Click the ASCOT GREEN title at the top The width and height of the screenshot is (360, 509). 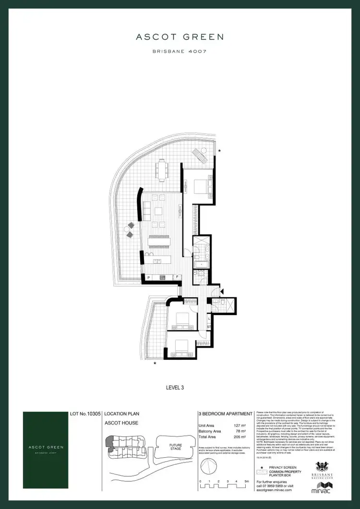coord(180,36)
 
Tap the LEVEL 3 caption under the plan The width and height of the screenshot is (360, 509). coord(180,385)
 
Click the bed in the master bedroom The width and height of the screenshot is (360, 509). coord(202,185)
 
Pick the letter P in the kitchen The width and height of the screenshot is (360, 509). coord(149,277)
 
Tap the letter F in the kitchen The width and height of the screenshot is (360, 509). coord(177,277)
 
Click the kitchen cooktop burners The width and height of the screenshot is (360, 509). coord(163,277)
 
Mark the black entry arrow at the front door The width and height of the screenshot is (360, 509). coord(221,290)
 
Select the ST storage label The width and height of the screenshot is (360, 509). coord(209,327)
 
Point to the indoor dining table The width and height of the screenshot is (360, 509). coord(159,241)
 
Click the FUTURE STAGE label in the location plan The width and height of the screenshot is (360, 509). coord(176,446)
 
